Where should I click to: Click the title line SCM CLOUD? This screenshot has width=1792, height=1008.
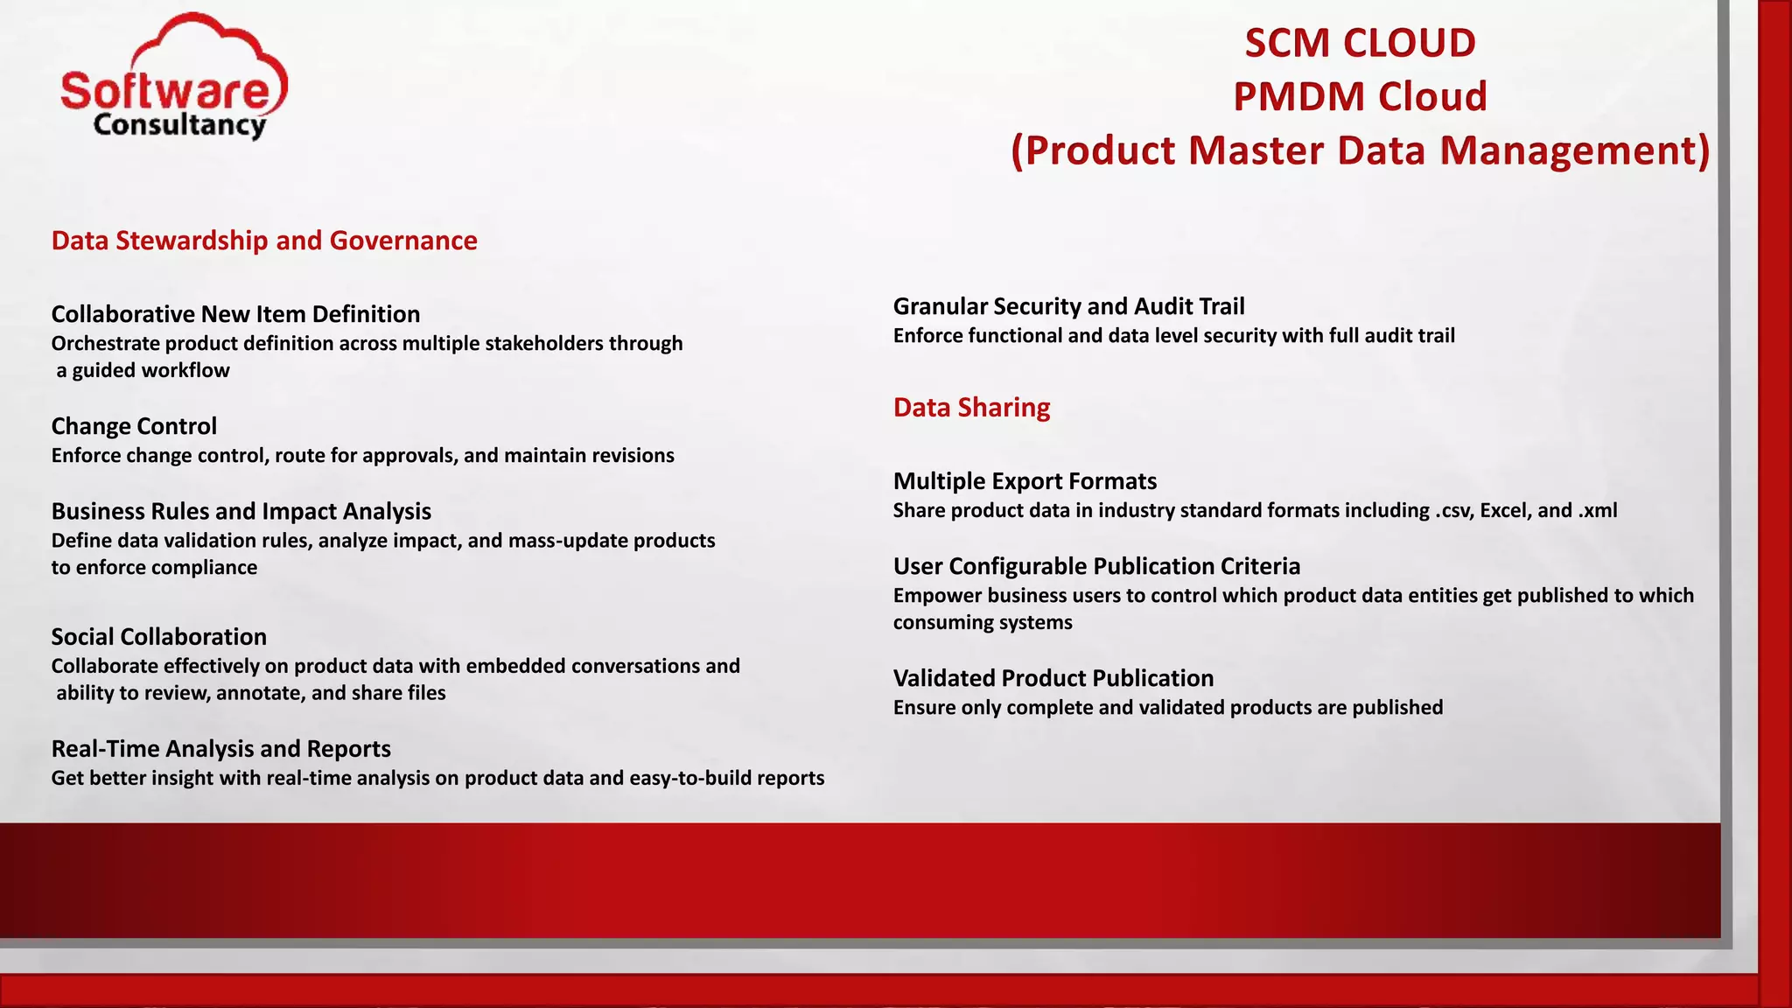tap(1360, 43)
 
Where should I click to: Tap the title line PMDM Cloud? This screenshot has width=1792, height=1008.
tap(1360, 96)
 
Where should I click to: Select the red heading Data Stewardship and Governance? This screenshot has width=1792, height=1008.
tap(264, 240)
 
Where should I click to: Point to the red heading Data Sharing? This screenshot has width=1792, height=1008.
tap(971, 407)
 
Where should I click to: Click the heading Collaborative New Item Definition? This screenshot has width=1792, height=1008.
tap(235, 313)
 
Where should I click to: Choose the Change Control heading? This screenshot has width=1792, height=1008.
tap(134, 425)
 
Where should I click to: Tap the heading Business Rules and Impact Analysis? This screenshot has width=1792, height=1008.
tap(241, 510)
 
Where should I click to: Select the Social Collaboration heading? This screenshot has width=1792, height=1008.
tap(158, 636)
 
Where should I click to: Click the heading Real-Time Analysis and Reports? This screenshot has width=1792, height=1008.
tap(220, 748)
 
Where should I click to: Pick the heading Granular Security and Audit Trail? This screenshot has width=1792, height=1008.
tap(1068, 305)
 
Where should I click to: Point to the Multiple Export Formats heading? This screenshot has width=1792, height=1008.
tap(1025, 480)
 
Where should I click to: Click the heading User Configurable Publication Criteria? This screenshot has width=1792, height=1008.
tap(1096, 565)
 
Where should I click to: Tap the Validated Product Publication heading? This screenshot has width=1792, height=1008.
tap(1053, 677)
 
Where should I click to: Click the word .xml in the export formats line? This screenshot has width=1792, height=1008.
tap(1598, 510)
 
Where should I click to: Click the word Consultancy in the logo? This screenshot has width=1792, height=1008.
tap(179, 125)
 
